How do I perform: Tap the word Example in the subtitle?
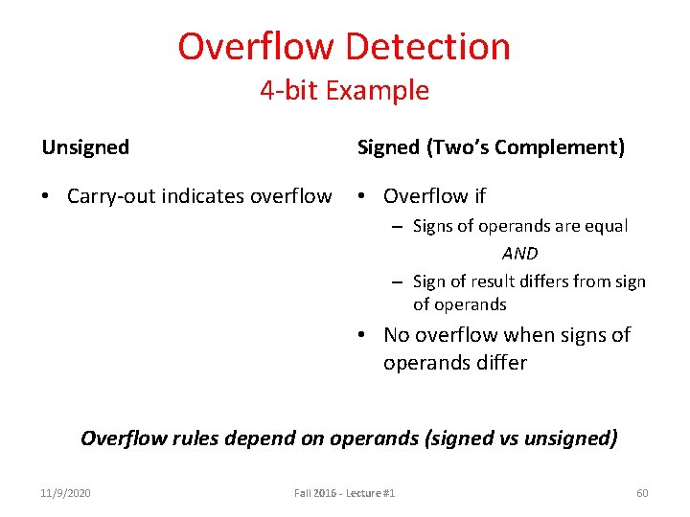click(x=377, y=92)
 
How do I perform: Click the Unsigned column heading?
click(x=85, y=147)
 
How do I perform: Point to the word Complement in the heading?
click(x=564, y=147)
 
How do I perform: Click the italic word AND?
click(x=519, y=254)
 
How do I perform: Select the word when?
click(x=527, y=335)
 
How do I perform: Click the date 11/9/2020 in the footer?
click(x=66, y=493)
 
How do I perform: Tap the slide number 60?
click(x=642, y=493)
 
